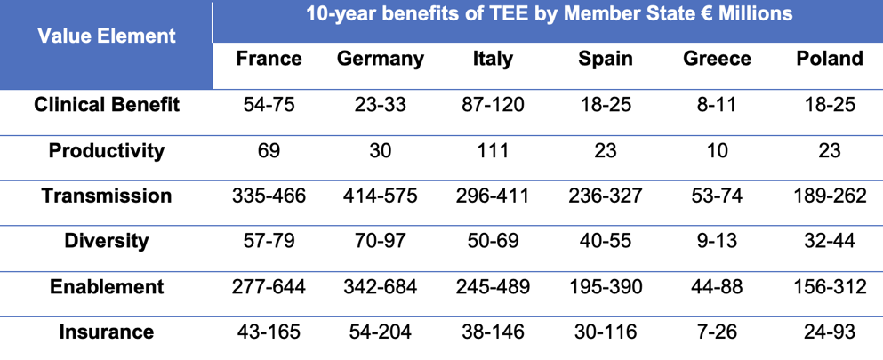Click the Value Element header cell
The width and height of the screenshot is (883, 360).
tap(107, 37)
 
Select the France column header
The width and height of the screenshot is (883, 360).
tap(269, 59)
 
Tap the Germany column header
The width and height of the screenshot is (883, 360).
tap(381, 59)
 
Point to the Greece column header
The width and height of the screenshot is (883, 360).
tap(717, 59)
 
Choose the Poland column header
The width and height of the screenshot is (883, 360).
tap(830, 59)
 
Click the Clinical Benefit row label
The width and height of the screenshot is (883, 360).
tap(107, 105)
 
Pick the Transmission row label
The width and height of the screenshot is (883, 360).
tap(107, 196)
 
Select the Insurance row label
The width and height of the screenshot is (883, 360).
tap(107, 332)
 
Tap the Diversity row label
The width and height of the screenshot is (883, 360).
tap(107, 241)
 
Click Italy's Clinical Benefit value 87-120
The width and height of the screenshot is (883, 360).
tap(493, 105)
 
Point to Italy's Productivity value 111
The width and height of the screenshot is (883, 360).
tap(493, 150)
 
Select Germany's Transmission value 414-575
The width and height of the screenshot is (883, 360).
tap(381, 196)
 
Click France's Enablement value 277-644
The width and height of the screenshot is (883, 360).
tap(269, 286)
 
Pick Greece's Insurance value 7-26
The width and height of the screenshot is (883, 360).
tap(717, 332)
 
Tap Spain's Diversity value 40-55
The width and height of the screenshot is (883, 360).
tap(606, 241)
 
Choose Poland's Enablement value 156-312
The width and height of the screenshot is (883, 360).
tap(830, 286)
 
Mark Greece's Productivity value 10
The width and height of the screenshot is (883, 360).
tap(717, 150)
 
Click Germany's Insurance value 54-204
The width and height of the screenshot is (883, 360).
tap(381, 332)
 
